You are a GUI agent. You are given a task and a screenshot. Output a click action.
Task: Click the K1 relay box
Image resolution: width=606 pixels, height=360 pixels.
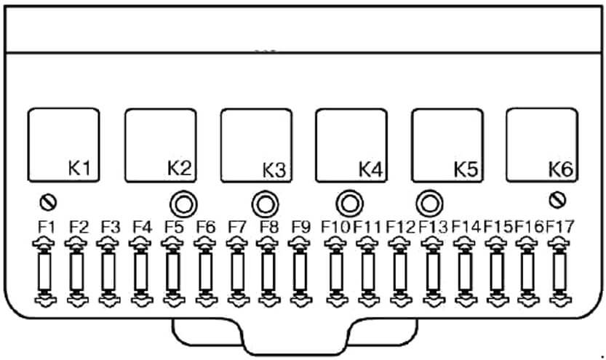64,145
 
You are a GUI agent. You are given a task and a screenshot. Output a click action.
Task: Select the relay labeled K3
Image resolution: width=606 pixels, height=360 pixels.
256,145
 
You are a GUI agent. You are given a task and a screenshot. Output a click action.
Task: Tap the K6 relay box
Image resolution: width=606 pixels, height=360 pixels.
542,145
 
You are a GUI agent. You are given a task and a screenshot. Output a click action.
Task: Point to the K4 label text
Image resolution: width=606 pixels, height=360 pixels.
370,169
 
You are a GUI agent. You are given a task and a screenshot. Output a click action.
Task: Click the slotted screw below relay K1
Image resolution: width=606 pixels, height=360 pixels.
48,202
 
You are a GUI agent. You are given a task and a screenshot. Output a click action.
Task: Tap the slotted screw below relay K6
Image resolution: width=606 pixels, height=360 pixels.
557,200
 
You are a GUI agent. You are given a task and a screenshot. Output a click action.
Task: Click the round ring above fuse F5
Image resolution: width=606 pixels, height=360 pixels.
183,204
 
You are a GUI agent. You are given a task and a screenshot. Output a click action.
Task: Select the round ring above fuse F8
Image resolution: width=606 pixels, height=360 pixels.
265,204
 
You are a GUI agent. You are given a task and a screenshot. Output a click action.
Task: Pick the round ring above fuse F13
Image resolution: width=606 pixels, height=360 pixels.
430,203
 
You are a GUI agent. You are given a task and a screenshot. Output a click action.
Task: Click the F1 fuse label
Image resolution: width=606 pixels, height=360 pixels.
47,227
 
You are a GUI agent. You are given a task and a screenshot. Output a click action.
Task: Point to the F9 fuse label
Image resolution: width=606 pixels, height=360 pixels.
301,227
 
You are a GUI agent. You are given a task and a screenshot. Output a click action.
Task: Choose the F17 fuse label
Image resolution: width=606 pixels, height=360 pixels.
560,227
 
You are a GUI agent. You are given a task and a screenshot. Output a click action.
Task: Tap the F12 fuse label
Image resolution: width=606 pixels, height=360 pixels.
401,227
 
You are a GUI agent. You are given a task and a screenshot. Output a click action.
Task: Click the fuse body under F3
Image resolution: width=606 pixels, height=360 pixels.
109,271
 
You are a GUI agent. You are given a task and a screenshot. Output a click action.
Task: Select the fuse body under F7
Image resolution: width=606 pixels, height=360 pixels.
238,271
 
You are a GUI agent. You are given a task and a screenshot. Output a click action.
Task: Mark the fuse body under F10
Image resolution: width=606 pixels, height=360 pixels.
336,271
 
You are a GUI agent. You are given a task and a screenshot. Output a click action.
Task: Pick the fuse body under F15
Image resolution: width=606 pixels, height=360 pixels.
497,271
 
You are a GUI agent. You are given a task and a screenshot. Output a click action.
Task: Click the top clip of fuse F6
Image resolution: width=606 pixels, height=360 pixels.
205,244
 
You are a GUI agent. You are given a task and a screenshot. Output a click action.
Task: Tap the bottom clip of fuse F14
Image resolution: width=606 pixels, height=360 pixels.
466,299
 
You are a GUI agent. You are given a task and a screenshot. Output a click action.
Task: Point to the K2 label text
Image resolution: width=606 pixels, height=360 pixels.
179,169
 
